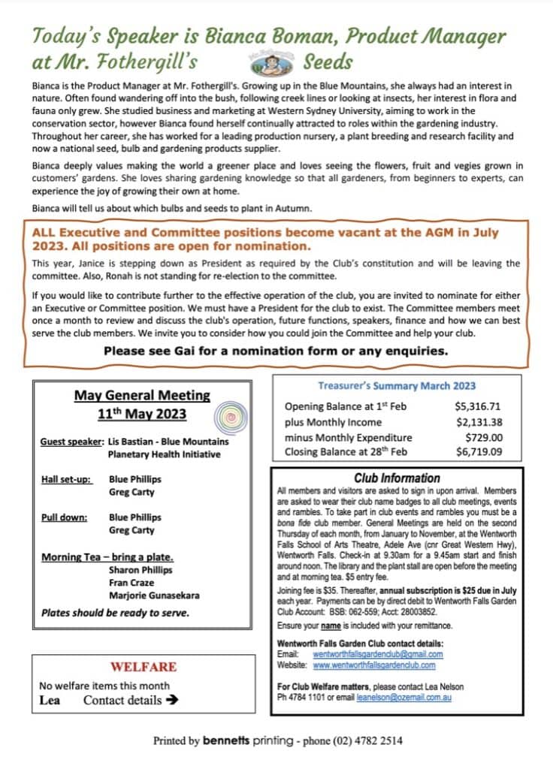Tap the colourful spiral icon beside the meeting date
tap(231, 415)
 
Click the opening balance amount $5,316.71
tap(479, 406)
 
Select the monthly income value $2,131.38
tap(479, 422)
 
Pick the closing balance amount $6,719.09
tap(479, 453)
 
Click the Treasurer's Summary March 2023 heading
tap(396, 386)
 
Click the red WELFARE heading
tap(144, 667)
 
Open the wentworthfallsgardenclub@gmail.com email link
tap(377, 654)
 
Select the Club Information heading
tap(397, 478)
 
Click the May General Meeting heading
tap(142, 396)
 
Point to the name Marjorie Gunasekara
tap(154, 596)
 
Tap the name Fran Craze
tap(131, 583)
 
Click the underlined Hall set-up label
tap(67, 479)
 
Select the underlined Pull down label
tap(64, 517)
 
